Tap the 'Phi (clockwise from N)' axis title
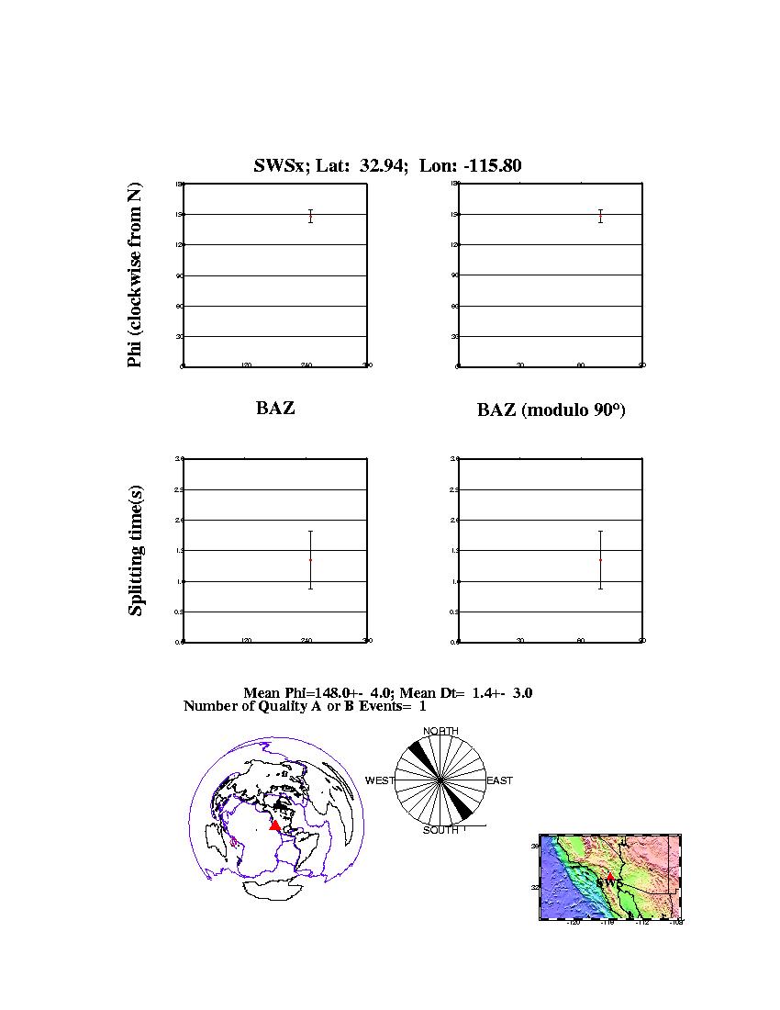tap(135, 275)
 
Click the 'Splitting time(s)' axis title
tap(136, 551)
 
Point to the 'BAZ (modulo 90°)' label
tap(551, 410)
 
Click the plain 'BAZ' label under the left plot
tap(275, 409)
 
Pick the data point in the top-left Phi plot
tap(311, 216)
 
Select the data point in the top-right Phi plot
tap(600, 216)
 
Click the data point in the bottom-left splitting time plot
tap(311, 559)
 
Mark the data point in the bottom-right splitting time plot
tap(600, 559)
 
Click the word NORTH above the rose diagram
tap(440, 731)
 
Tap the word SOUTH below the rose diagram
tap(440, 831)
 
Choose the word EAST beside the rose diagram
tap(499, 780)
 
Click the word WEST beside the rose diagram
tap(380, 780)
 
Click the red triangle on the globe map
tap(274, 825)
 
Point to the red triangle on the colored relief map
tap(609, 877)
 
